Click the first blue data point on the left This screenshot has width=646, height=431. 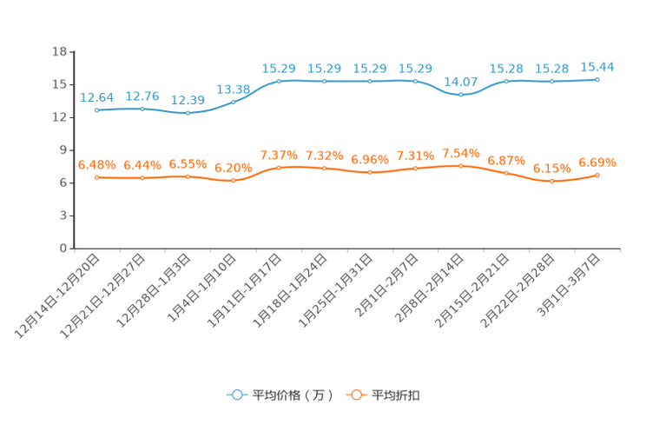coord(96,110)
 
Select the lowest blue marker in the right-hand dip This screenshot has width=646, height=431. coord(461,94)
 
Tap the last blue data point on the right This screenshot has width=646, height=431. coord(597,79)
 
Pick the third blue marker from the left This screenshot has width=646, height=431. coord(188,114)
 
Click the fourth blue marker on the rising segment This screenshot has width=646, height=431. coord(234,102)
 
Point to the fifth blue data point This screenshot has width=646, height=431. coord(279,81)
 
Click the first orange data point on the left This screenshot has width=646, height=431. coord(96,177)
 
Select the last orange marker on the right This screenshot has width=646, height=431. coord(597,175)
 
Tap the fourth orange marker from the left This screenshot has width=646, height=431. coord(234,181)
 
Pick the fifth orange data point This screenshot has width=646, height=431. coord(279,167)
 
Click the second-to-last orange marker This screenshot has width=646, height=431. coord(551,182)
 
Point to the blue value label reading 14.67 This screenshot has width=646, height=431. coord(461,81)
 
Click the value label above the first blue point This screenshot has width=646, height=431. coord(96,96)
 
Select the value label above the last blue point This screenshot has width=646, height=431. coord(597,66)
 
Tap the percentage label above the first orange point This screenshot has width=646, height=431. coord(96,164)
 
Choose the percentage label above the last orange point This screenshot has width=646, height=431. coord(597,162)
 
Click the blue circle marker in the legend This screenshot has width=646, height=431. coord(236,395)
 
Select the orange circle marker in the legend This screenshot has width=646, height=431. coord(354,395)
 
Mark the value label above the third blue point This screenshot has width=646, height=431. coord(188,100)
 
